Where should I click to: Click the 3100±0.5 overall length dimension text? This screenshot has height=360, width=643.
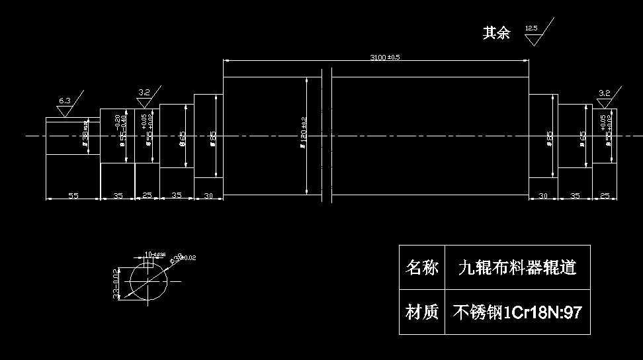coord(385,57)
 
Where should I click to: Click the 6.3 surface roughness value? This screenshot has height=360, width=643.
coord(64,101)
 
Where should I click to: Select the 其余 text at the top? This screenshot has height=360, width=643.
coord(496,33)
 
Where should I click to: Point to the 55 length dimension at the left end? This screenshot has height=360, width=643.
coord(73,196)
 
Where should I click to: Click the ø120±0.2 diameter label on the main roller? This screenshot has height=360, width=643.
coord(303,135)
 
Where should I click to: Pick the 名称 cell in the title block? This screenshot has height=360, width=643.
coord(422,267)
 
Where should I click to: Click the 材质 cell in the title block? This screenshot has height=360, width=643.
coord(422,312)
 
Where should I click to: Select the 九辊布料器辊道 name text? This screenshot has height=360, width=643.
coord(517,267)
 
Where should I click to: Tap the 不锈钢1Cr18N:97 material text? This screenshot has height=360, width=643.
coord(517,312)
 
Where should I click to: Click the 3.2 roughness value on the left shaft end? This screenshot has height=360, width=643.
coord(145,92)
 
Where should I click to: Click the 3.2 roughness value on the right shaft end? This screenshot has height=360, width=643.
coord(604,93)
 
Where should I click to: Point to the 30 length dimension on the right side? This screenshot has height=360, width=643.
coord(543,196)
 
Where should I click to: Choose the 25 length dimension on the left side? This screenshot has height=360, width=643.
coord(147,196)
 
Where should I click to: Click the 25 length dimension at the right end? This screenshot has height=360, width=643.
coord(604,196)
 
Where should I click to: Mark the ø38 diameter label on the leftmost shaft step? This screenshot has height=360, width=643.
coord(85,136)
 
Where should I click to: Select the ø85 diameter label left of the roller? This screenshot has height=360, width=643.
coord(213,137)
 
